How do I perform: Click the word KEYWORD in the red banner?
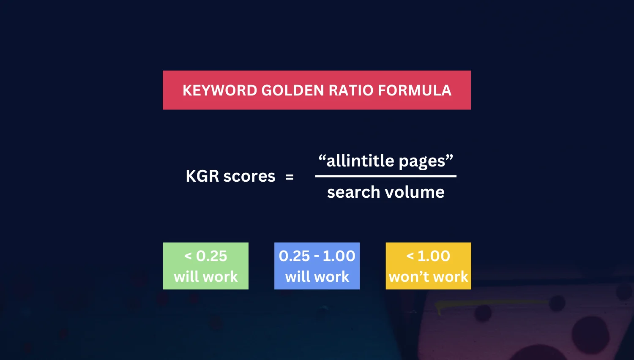pos(220,90)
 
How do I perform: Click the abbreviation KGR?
pos(202,176)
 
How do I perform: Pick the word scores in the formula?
pos(249,176)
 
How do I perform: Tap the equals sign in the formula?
pos(290,177)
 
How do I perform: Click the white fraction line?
pos(385,176)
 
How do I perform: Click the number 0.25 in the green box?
pos(211,256)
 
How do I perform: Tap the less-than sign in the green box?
pos(188,256)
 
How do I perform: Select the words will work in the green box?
pos(206,277)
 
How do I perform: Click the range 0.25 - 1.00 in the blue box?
pos(317,256)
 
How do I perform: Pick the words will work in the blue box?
pos(317,277)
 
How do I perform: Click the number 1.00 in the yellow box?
pos(434,256)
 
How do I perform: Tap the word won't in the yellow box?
pos(409,277)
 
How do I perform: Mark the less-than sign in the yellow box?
pos(410,256)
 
